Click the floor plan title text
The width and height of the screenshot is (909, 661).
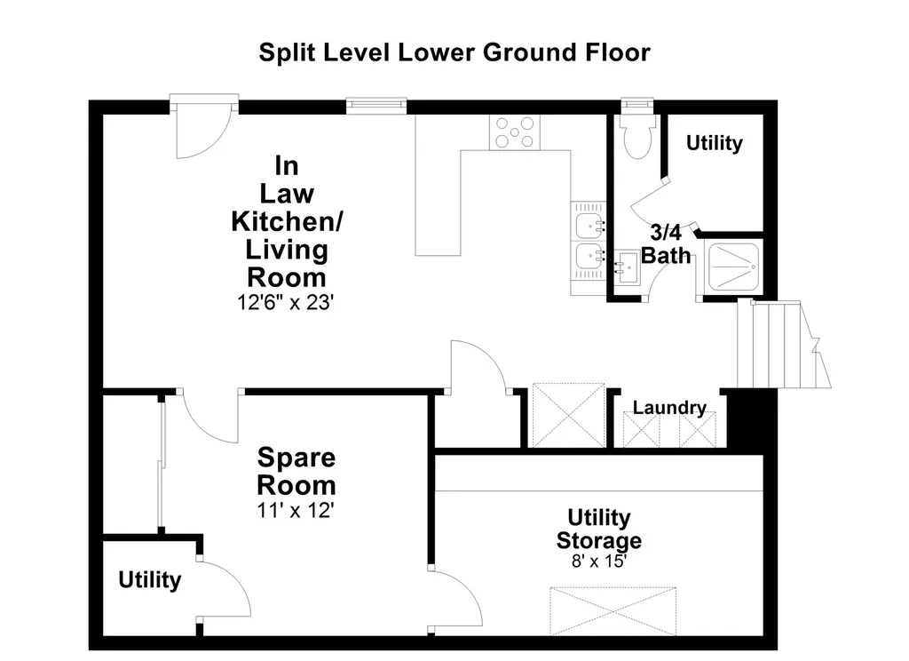[454, 52]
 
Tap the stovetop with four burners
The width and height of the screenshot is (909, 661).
[515, 132]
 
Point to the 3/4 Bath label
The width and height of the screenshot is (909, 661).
[666, 243]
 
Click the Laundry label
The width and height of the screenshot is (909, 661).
[669, 408]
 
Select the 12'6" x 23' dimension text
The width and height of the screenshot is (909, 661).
[285, 302]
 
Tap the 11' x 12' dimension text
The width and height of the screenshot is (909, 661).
[296, 510]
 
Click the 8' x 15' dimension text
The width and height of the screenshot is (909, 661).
[599, 561]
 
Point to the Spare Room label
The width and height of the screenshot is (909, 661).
[296, 471]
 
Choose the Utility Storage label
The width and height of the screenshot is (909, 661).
[599, 529]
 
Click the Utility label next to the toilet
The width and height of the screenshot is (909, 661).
[715, 143]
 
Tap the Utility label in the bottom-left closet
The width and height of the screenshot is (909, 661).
[149, 580]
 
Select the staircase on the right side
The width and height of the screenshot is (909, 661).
[784, 344]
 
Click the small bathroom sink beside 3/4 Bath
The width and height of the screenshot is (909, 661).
[627, 267]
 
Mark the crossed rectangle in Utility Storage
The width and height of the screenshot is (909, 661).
[613, 611]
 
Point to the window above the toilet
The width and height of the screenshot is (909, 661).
[637, 106]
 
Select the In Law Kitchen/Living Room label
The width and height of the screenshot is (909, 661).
[287, 222]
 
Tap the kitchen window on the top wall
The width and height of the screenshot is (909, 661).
[376, 105]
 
